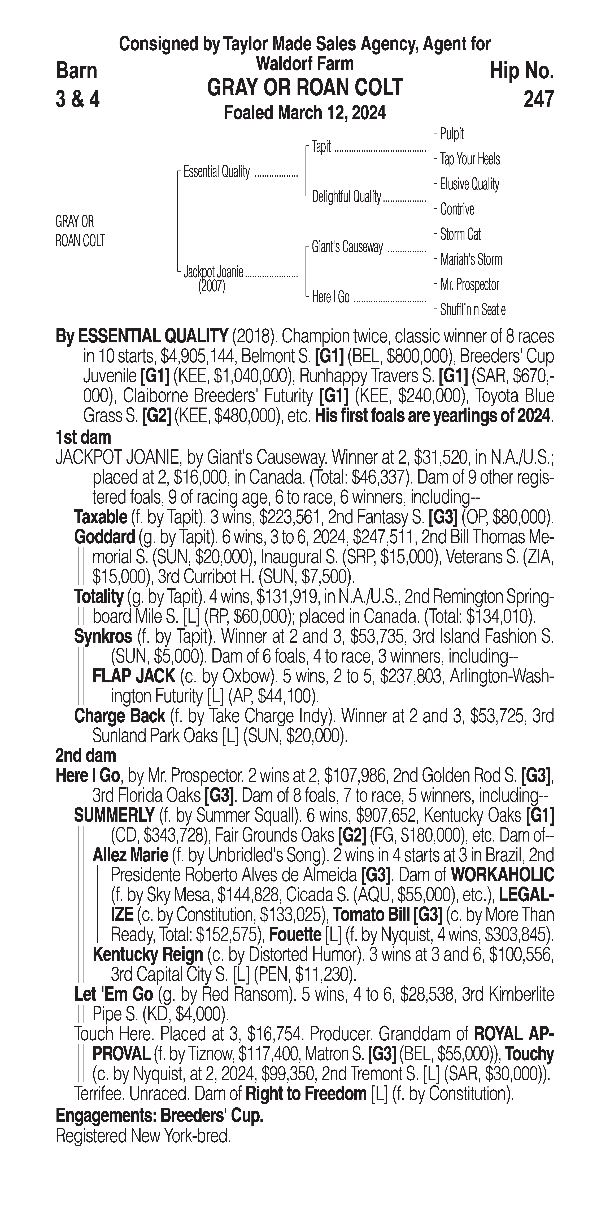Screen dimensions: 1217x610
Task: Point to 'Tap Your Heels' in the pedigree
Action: [x=470, y=159]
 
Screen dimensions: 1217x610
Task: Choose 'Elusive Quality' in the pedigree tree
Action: [x=469, y=184]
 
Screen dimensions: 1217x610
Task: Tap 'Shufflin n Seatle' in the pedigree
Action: [x=472, y=310]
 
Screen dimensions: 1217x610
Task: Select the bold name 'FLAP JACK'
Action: [x=134, y=676]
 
